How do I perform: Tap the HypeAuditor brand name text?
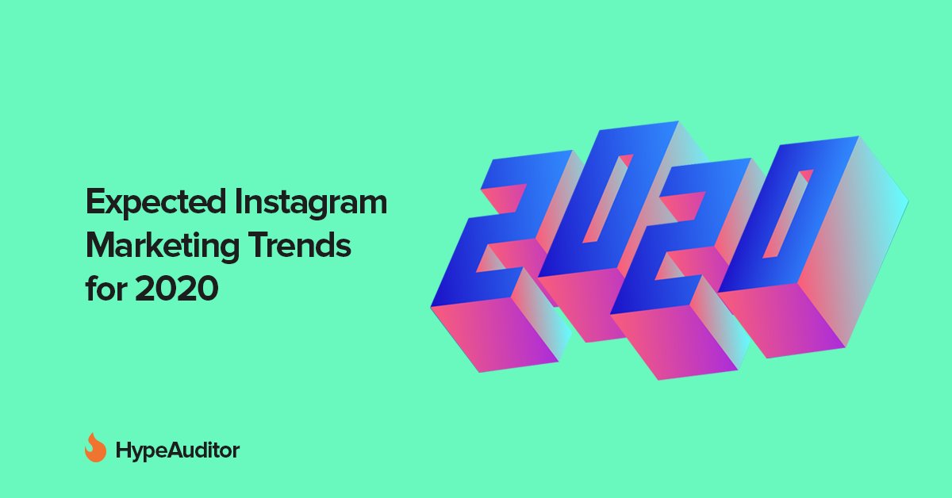(177, 451)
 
